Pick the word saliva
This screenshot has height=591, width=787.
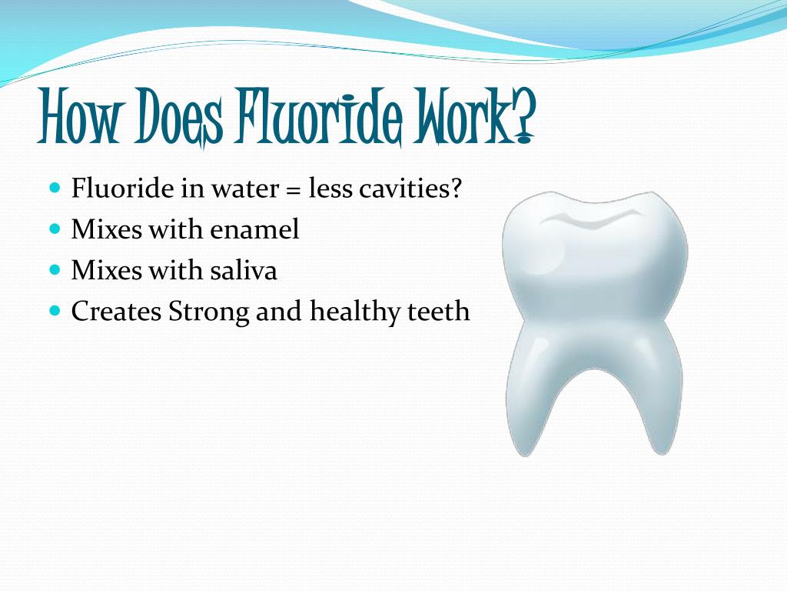tap(249, 271)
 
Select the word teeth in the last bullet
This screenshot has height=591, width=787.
tap(440, 312)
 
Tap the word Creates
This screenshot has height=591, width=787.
tap(117, 312)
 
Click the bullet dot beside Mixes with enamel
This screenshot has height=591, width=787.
tap(55, 229)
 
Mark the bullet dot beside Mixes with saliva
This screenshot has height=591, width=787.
tap(55, 270)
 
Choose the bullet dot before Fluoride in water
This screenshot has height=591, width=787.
tap(55, 188)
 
